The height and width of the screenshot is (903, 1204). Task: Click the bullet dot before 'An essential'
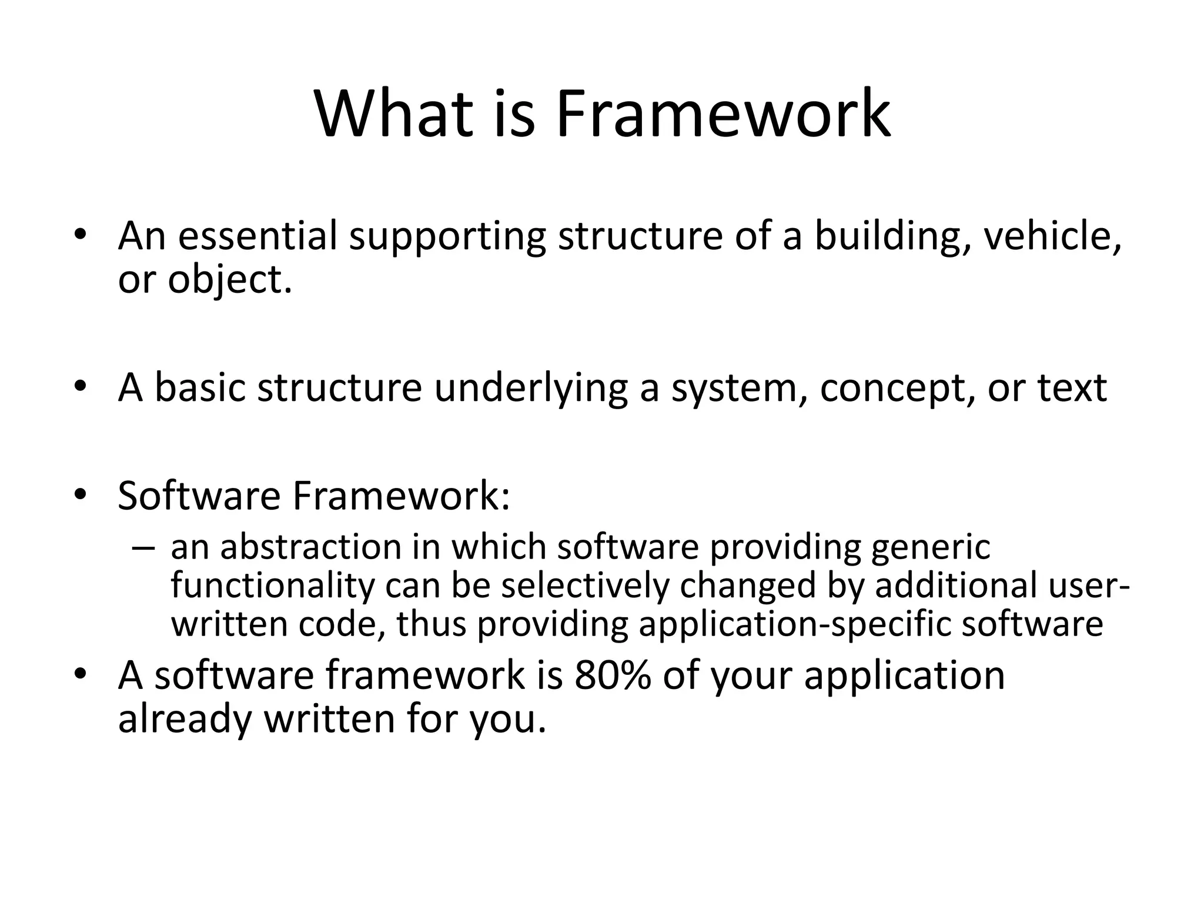click(x=81, y=235)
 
